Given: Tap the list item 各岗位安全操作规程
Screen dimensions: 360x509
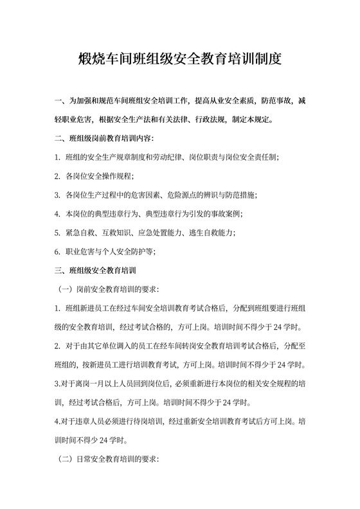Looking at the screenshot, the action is [101, 175].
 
